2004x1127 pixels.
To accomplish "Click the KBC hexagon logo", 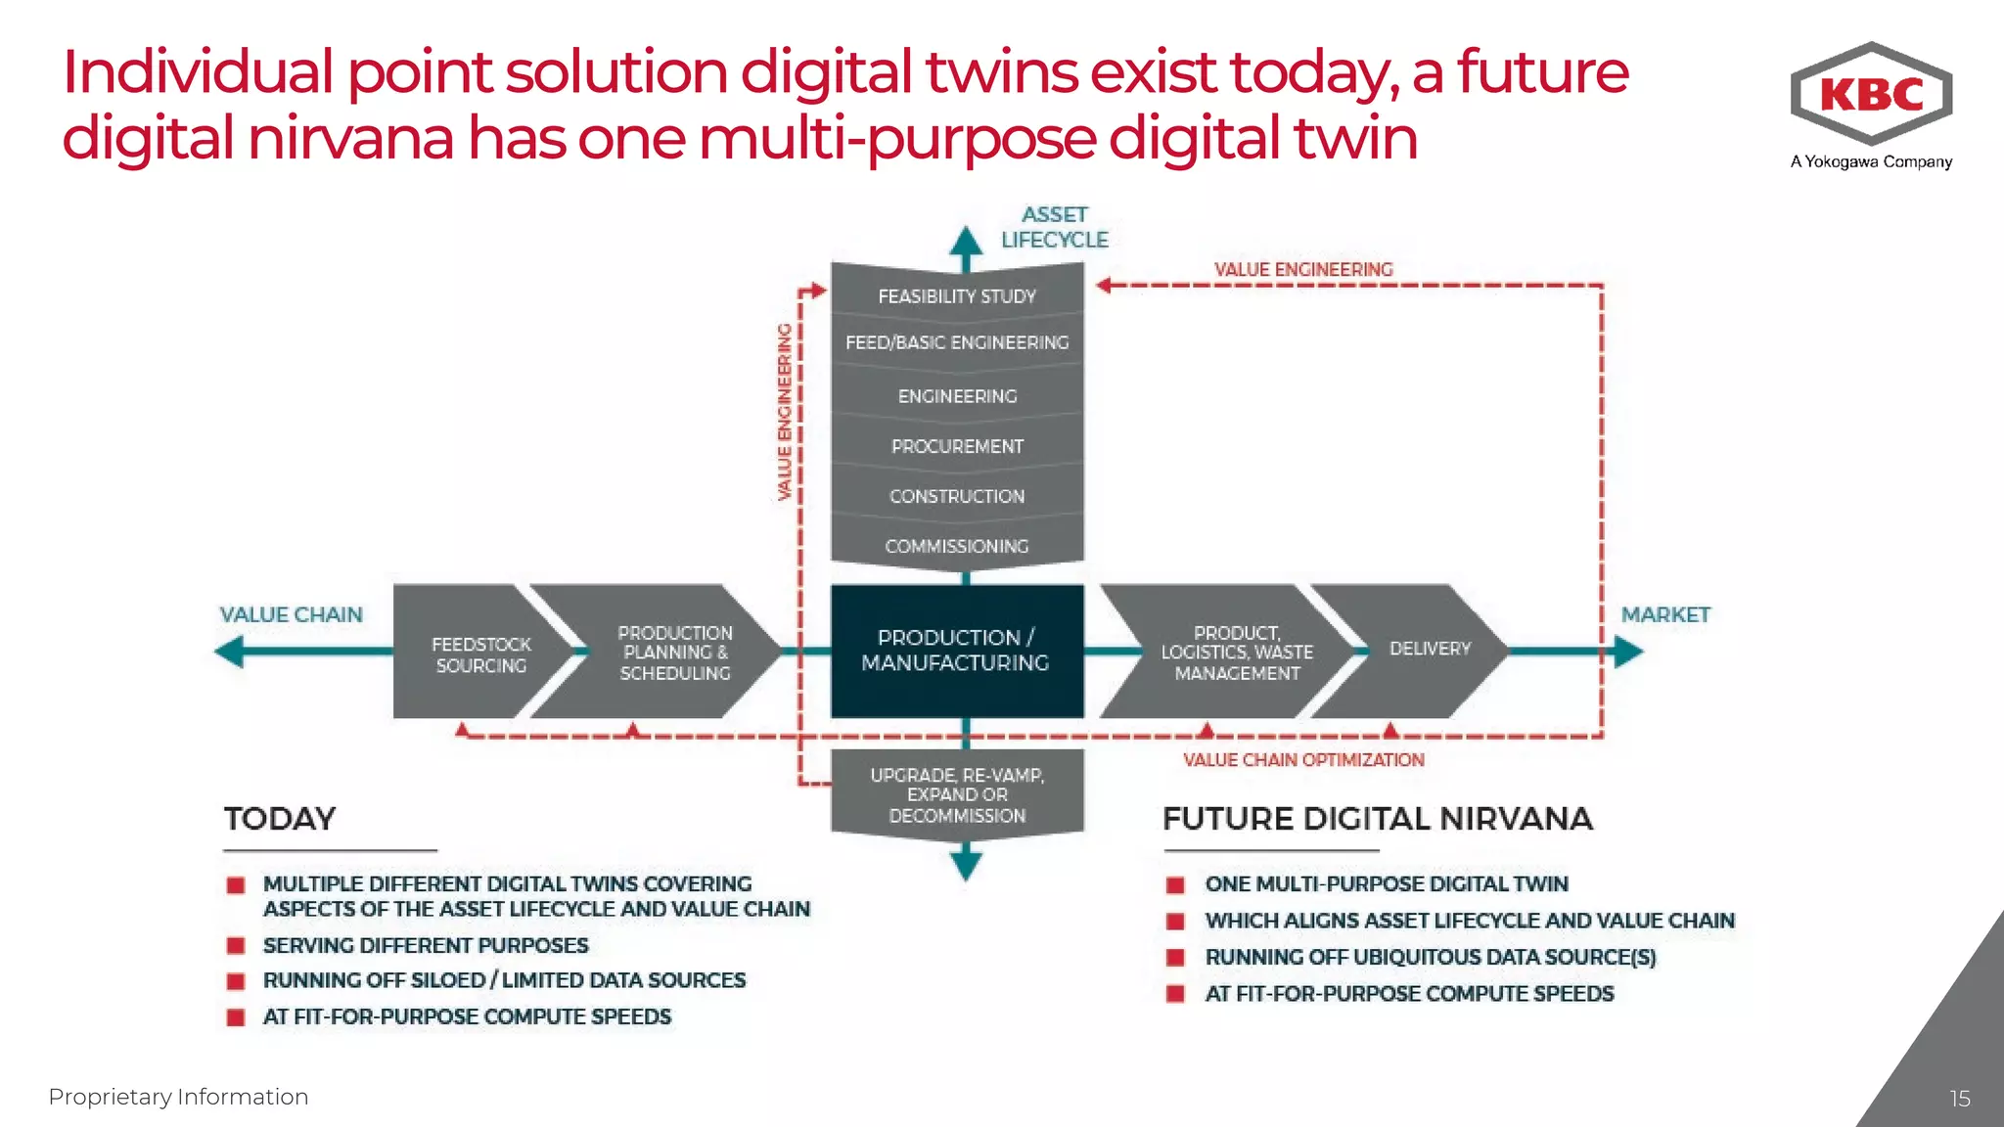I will click(1871, 94).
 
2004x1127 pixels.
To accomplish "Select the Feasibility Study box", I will click(957, 295).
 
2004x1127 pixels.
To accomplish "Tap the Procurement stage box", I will click(957, 446).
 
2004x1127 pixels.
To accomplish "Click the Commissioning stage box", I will click(957, 546).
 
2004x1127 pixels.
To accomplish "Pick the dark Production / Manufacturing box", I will click(957, 651).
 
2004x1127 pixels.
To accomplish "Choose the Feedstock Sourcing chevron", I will click(479, 654).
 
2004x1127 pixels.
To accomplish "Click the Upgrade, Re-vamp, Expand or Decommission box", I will click(957, 794).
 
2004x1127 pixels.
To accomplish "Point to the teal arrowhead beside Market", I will click(1627, 652).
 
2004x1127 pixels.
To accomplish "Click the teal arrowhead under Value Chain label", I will click(231, 652).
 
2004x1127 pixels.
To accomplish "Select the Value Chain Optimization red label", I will click(1303, 760).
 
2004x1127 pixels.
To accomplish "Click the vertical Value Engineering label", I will click(784, 411).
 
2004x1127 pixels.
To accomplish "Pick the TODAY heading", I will click(280, 819).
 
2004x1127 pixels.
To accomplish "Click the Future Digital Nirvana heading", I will click(1378, 819).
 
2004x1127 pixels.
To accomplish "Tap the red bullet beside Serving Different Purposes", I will click(236, 946).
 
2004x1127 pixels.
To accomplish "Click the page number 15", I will click(1959, 1099).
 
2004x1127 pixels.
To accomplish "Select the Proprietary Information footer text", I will click(178, 1097).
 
